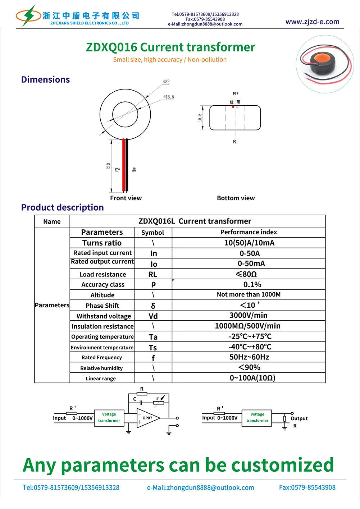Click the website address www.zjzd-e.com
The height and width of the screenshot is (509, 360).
[x=312, y=22]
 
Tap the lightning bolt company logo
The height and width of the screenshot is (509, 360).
[x=28, y=16]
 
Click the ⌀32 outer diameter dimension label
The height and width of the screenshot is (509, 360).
[x=167, y=82]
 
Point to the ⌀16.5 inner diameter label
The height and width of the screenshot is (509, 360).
[x=169, y=97]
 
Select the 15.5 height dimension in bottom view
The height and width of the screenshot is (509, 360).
[x=200, y=118]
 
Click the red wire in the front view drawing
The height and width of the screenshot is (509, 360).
[x=124, y=165]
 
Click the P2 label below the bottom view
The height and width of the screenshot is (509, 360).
[x=234, y=142]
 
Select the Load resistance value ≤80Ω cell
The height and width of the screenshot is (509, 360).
[x=246, y=274]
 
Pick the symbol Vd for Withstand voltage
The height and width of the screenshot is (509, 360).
[x=153, y=316]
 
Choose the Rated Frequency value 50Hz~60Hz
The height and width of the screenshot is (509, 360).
[x=249, y=357]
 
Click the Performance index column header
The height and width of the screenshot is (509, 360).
[x=249, y=232]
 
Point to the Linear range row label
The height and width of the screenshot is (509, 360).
[x=101, y=379]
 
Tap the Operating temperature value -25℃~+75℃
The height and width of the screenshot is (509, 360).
[x=250, y=336]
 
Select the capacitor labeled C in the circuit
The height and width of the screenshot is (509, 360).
[x=141, y=403]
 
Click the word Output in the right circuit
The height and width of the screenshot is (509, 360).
[x=299, y=418]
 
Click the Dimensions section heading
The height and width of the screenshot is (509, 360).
[x=45, y=79]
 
